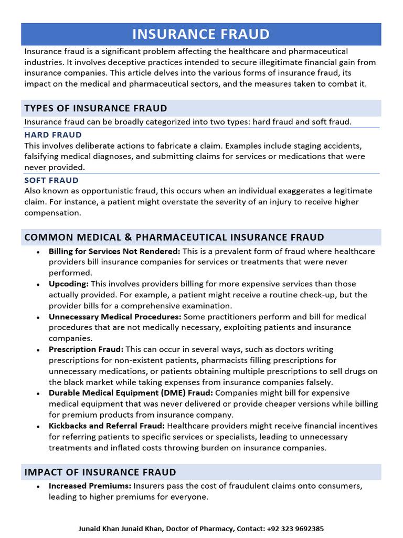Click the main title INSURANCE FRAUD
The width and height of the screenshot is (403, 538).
click(201, 35)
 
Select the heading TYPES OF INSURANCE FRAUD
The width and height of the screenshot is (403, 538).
click(96, 109)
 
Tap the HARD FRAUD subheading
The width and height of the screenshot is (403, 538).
click(53, 135)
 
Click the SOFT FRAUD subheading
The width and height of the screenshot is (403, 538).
click(51, 180)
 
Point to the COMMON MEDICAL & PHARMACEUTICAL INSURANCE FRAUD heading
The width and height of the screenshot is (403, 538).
click(174, 237)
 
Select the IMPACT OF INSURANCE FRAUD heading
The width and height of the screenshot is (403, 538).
click(100, 472)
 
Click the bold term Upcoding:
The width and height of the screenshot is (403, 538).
click(69, 284)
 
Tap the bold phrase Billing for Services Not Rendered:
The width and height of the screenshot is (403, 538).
click(114, 251)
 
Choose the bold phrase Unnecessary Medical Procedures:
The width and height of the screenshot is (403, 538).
click(115, 317)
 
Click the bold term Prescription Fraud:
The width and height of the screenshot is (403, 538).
click(86, 349)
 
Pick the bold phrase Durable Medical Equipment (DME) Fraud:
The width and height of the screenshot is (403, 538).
click(131, 393)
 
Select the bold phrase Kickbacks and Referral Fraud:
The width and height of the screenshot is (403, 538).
click(107, 426)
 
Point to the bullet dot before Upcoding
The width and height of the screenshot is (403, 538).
click(39, 284)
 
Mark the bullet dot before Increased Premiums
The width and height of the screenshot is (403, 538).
click(39, 487)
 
